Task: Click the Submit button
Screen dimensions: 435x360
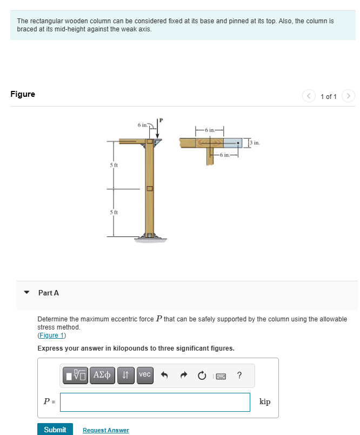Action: (55, 430)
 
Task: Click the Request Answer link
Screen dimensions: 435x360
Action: (105, 430)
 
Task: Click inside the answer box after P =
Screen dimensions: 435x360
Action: (155, 402)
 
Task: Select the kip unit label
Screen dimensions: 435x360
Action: (265, 401)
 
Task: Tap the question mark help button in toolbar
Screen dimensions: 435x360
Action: (239, 375)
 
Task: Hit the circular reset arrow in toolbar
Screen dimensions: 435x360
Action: (202, 375)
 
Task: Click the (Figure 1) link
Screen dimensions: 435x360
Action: (51, 335)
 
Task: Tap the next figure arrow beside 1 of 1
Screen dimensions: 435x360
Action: (349, 96)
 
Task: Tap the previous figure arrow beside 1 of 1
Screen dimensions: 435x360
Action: (310, 96)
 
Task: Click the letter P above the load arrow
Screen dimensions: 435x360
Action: (160, 120)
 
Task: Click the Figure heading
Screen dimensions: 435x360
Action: (23, 94)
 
